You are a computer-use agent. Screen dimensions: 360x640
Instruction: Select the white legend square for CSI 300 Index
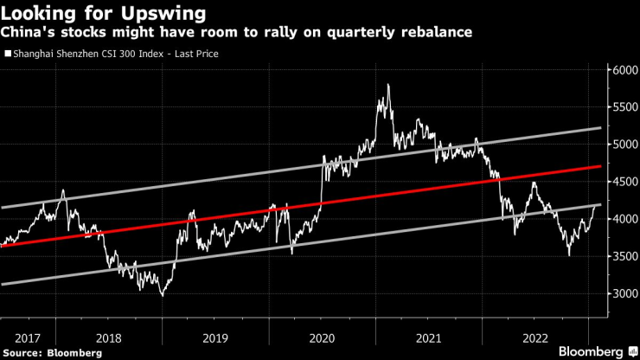tap(8, 54)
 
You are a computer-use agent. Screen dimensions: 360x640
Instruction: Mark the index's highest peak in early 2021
tap(388, 85)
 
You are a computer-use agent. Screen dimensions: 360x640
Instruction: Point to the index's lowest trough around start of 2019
tap(162, 295)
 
